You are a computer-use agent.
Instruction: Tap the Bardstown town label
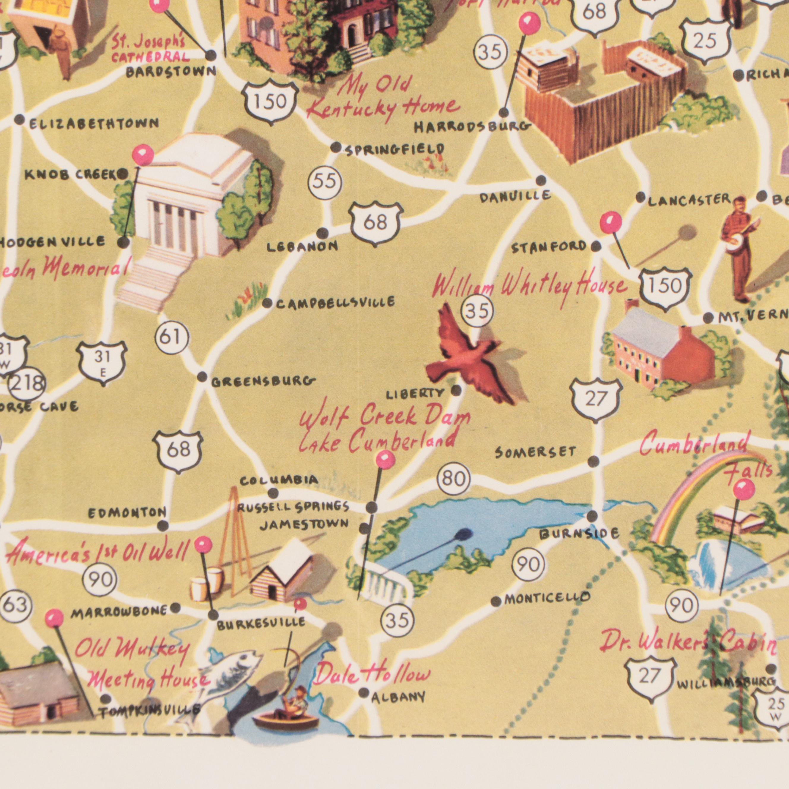(171, 72)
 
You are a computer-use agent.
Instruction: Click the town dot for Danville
(541, 180)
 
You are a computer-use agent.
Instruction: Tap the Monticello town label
(547, 599)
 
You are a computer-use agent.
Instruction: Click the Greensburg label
(263, 382)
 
